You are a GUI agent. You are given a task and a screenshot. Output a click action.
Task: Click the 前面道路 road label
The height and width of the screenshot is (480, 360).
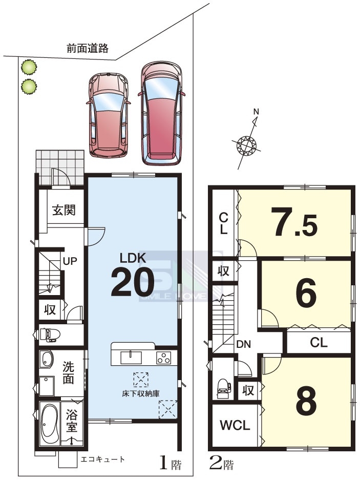pyautogui.click(x=88, y=48)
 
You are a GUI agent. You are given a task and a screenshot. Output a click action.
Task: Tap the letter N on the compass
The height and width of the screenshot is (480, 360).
pyautogui.click(x=256, y=112)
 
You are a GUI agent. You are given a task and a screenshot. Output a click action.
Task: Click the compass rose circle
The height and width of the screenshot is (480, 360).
pyautogui.click(x=246, y=144)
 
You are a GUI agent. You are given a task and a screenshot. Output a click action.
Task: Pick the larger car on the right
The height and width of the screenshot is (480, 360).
pyautogui.click(x=161, y=113)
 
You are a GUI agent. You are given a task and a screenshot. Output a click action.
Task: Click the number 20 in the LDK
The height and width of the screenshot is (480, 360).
pyautogui.click(x=132, y=282)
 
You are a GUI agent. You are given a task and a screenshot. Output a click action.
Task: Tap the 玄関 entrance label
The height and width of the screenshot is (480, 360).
pyautogui.click(x=63, y=211)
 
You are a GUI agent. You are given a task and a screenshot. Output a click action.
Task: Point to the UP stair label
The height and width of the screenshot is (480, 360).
pyautogui.click(x=70, y=261)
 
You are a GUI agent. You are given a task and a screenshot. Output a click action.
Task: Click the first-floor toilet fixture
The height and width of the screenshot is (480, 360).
pyautogui.click(x=48, y=335)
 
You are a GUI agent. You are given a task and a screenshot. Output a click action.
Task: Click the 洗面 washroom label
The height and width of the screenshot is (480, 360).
pyautogui.click(x=68, y=372)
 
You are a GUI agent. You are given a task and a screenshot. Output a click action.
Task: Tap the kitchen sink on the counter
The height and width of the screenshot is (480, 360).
pyautogui.click(x=131, y=358)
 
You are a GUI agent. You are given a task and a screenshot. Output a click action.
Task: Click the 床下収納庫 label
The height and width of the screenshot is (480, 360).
pyautogui.click(x=140, y=393)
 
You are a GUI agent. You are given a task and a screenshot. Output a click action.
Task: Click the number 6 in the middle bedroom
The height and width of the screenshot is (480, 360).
pyautogui.click(x=306, y=293)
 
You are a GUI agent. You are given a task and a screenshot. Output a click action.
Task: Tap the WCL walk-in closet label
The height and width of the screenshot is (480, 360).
pyautogui.click(x=235, y=425)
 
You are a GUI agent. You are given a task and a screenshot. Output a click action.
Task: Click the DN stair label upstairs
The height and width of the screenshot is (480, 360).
pyautogui.click(x=244, y=344)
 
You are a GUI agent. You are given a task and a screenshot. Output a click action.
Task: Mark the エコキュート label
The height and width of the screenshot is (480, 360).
pyautogui.click(x=103, y=459)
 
